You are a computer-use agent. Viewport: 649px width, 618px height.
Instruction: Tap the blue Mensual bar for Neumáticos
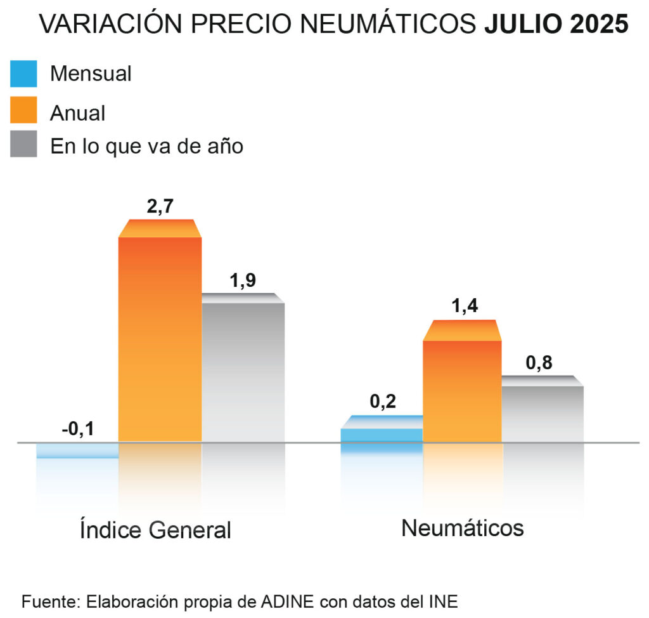(x=382, y=434)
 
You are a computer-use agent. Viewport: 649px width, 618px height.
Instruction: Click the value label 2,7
(x=160, y=207)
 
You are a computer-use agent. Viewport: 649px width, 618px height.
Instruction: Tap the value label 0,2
(x=383, y=402)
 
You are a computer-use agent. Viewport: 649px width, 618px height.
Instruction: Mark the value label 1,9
(x=243, y=280)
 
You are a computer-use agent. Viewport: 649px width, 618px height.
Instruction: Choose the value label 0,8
(x=539, y=363)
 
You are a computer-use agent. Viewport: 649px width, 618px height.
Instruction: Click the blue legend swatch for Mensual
(x=23, y=74)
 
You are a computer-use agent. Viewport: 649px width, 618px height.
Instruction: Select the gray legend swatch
(x=23, y=145)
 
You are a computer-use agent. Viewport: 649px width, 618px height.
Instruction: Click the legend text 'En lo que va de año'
(x=146, y=146)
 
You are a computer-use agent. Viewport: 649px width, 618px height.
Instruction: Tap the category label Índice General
(x=156, y=530)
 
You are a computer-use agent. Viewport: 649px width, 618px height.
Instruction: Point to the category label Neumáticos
(x=463, y=528)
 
